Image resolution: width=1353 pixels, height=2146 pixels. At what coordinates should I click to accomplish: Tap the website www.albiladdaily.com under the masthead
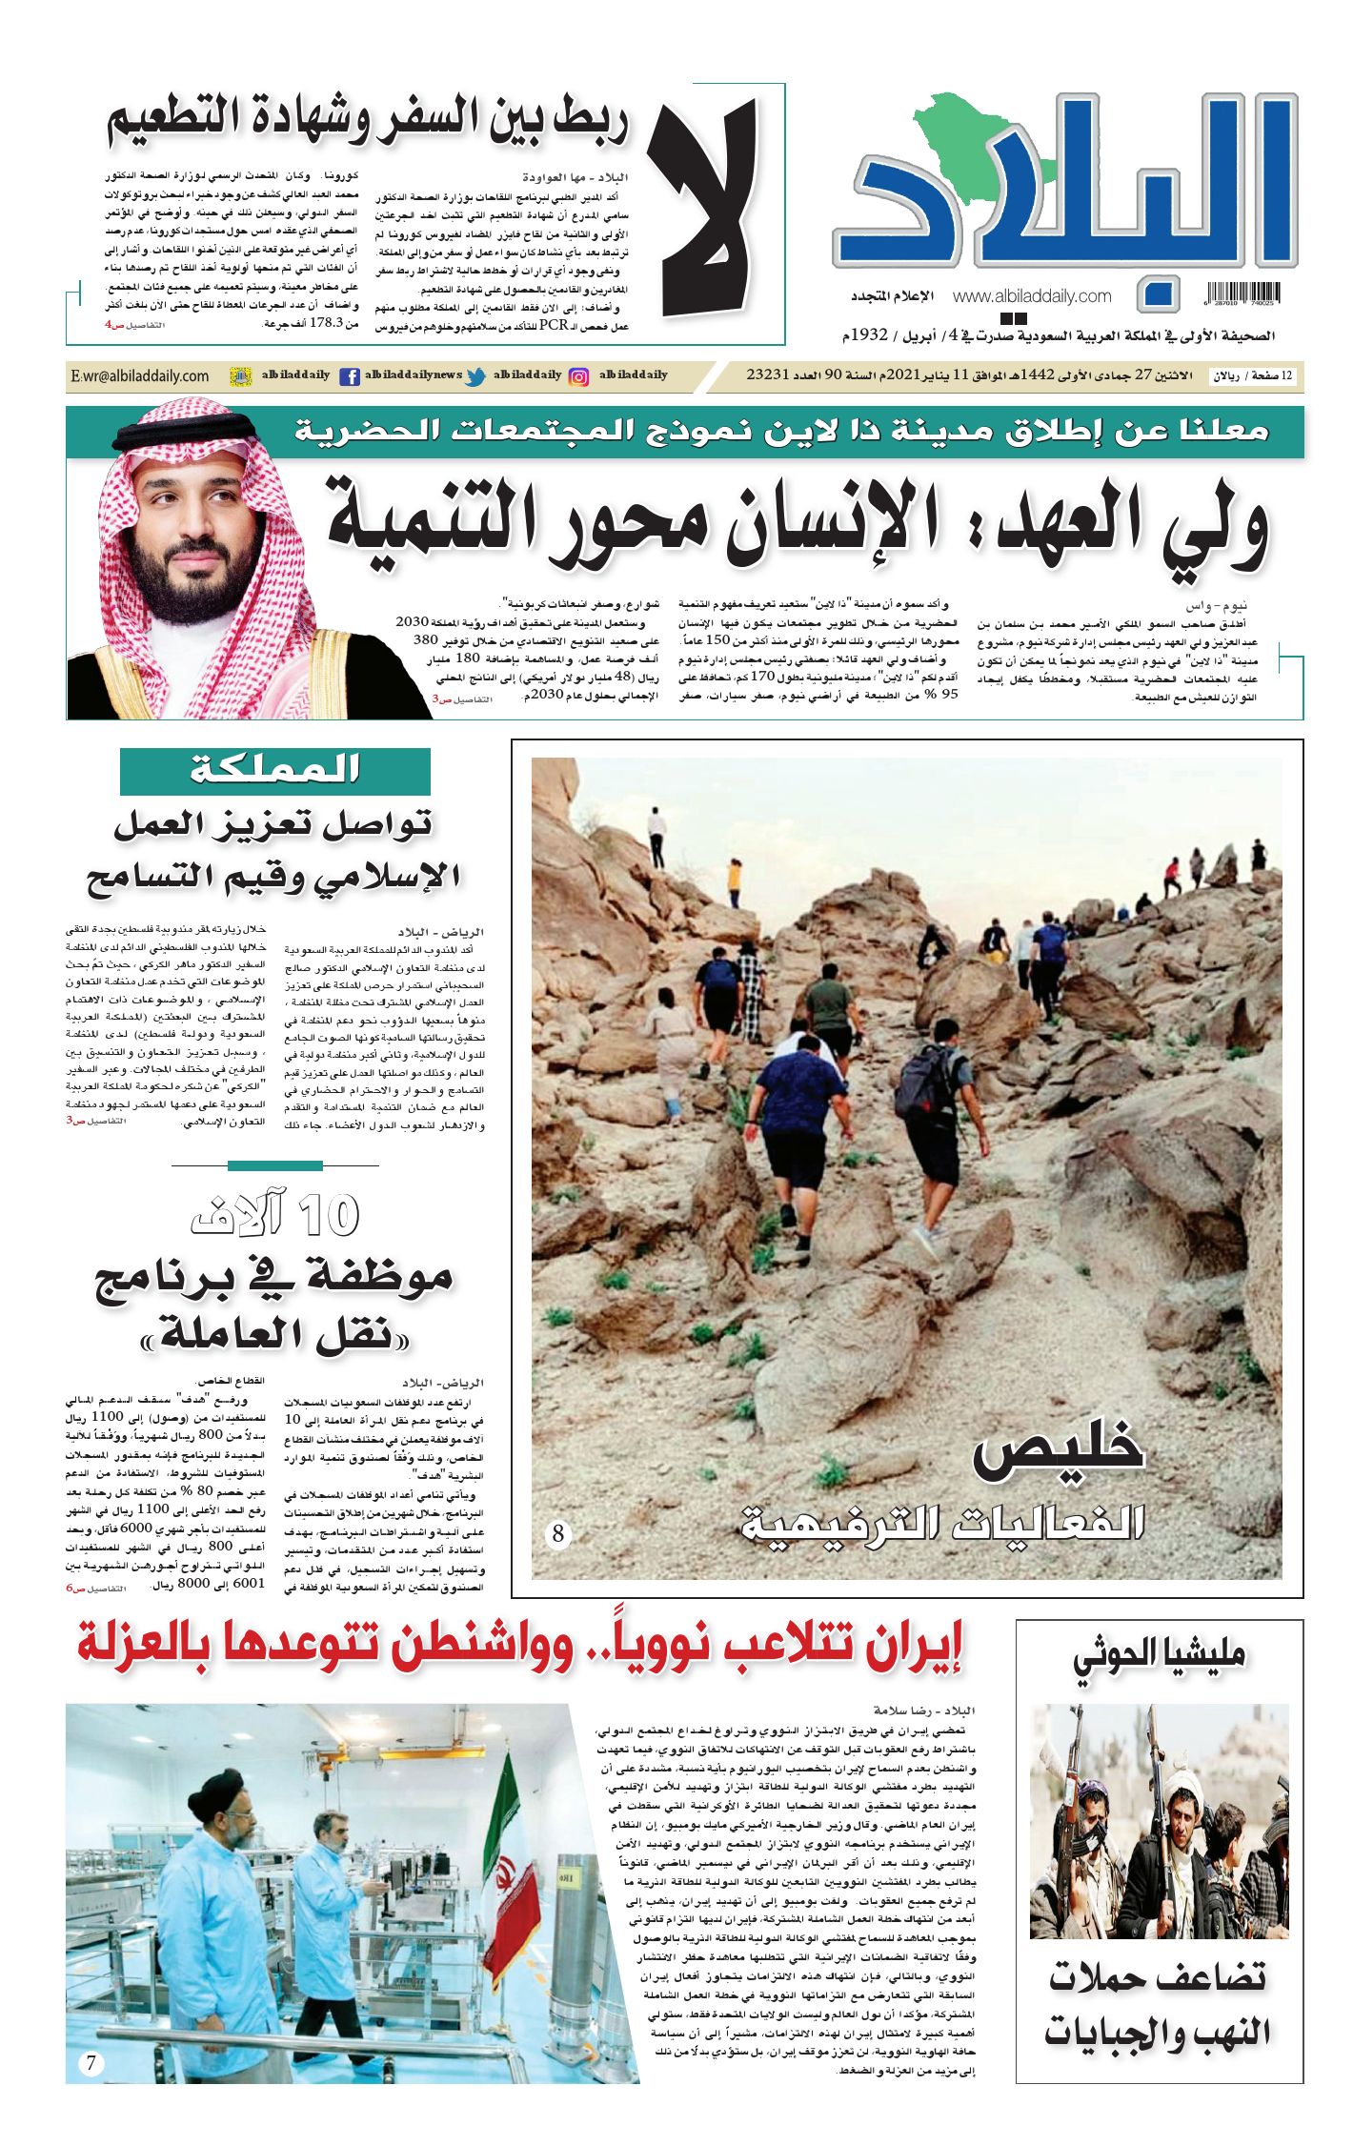(1031, 296)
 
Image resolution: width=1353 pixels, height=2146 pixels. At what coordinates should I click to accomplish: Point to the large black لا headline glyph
(705, 210)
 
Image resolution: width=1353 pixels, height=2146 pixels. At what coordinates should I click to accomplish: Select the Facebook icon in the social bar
(350, 376)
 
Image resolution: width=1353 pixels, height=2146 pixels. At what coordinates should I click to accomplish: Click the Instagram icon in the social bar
(578, 376)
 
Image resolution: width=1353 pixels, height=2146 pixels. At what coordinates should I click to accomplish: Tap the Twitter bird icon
(475, 376)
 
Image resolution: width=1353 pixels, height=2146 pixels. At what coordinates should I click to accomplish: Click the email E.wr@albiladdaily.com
(140, 376)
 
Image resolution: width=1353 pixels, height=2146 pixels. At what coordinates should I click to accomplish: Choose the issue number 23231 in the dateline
(766, 375)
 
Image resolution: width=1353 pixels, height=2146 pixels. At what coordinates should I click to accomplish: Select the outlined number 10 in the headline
(329, 1215)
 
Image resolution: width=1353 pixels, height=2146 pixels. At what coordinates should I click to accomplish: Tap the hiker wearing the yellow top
(735, 881)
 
